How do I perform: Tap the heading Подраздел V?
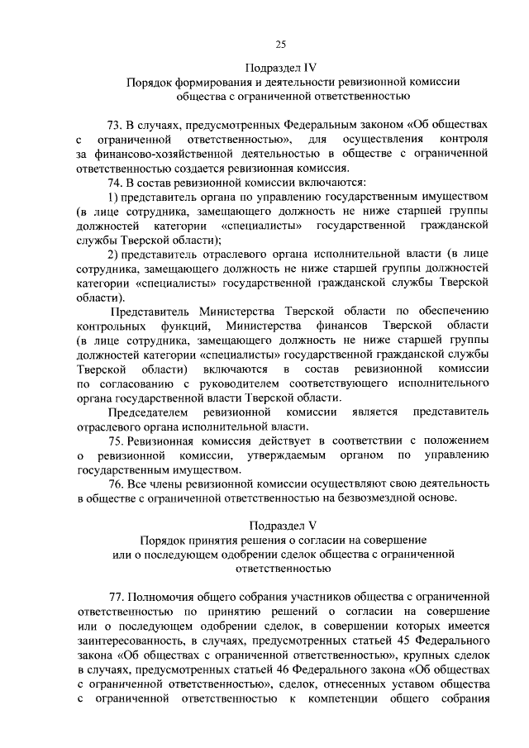pyautogui.click(x=281, y=526)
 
